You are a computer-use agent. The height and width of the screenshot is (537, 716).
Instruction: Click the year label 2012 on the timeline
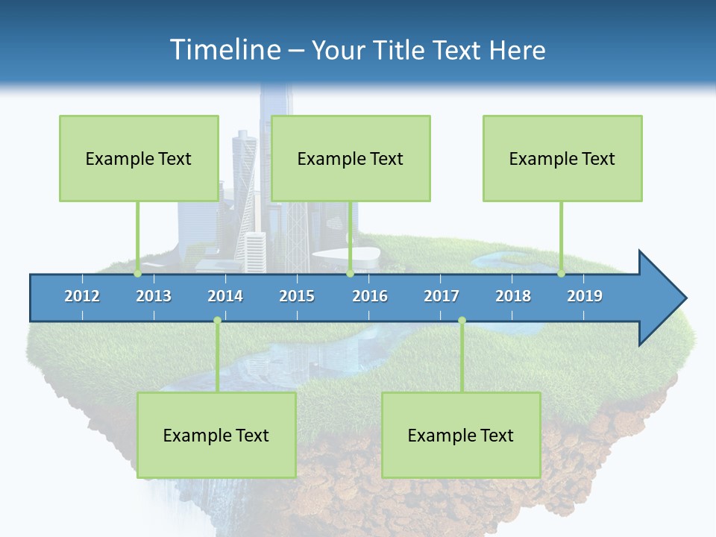click(82, 296)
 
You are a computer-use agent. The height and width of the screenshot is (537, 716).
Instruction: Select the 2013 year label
click(154, 296)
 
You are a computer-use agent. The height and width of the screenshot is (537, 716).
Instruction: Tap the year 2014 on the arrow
click(225, 296)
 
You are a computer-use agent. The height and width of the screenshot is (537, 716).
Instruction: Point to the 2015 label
click(297, 296)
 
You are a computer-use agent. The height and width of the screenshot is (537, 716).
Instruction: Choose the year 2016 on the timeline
click(370, 296)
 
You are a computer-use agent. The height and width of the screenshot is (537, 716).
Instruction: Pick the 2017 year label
click(442, 296)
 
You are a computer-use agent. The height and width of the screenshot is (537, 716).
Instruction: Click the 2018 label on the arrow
click(513, 296)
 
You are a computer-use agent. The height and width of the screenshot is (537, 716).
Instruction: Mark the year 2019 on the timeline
click(585, 296)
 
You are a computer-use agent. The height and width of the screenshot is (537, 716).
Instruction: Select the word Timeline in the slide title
click(224, 50)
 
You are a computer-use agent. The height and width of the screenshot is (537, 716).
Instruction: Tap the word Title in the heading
click(401, 50)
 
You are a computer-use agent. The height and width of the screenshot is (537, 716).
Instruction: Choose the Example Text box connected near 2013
click(139, 158)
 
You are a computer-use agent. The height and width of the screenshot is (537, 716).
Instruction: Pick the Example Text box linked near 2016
click(351, 158)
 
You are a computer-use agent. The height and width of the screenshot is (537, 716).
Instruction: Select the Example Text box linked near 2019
click(562, 158)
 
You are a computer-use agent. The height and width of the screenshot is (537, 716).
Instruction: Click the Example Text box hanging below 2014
click(216, 435)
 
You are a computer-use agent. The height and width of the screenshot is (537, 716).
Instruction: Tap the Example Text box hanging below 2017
click(461, 435)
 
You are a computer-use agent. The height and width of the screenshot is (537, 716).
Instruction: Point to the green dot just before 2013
click(138, 274)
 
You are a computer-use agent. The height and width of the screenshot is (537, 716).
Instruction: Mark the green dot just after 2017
click(462, 321)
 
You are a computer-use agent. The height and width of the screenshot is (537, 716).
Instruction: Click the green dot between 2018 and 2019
click(562, 274)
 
